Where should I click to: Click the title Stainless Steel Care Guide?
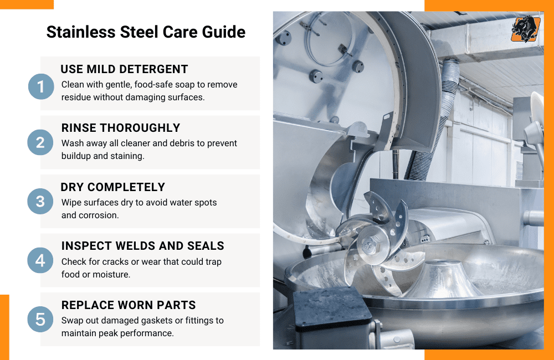146,32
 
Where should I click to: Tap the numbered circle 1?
40,86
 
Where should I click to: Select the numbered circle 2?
40,143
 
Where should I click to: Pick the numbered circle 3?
40,201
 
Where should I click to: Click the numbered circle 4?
40,260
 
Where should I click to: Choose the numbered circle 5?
40,318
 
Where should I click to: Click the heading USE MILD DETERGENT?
125,69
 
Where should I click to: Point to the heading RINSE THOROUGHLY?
121,128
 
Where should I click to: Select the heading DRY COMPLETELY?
113,187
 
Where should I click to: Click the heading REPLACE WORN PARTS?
129,305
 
